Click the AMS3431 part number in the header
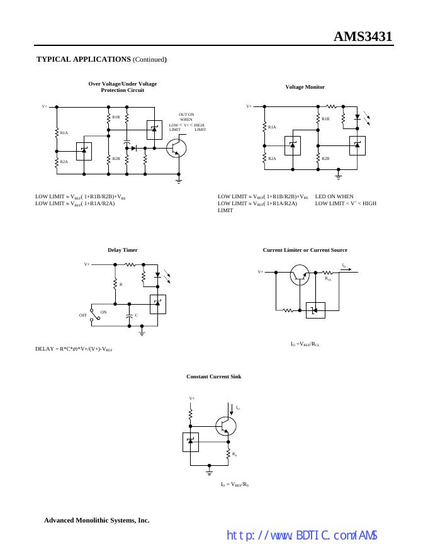click(363, 37)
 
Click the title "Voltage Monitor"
click(305, 87)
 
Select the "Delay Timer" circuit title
click(122, 250)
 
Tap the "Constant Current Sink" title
click(213, 376)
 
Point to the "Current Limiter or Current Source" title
click(305, 250)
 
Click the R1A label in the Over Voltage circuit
click(64, 132)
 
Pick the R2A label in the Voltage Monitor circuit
click(272, 158)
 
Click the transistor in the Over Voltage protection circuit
click(177, 148)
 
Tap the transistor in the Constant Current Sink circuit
click(225, 426)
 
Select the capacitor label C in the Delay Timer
click(136, 315)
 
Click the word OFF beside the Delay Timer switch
click(82, 315)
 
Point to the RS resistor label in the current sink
click(234, 453)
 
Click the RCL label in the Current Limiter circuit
click(328, 278)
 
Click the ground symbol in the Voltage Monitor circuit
click(338, 171)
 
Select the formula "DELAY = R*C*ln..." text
click(74, 348)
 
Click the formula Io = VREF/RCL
click(305, 344)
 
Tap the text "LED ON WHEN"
click(334, 196)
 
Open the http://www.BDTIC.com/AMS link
click(301, 535)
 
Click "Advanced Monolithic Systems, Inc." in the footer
click(96, 521)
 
